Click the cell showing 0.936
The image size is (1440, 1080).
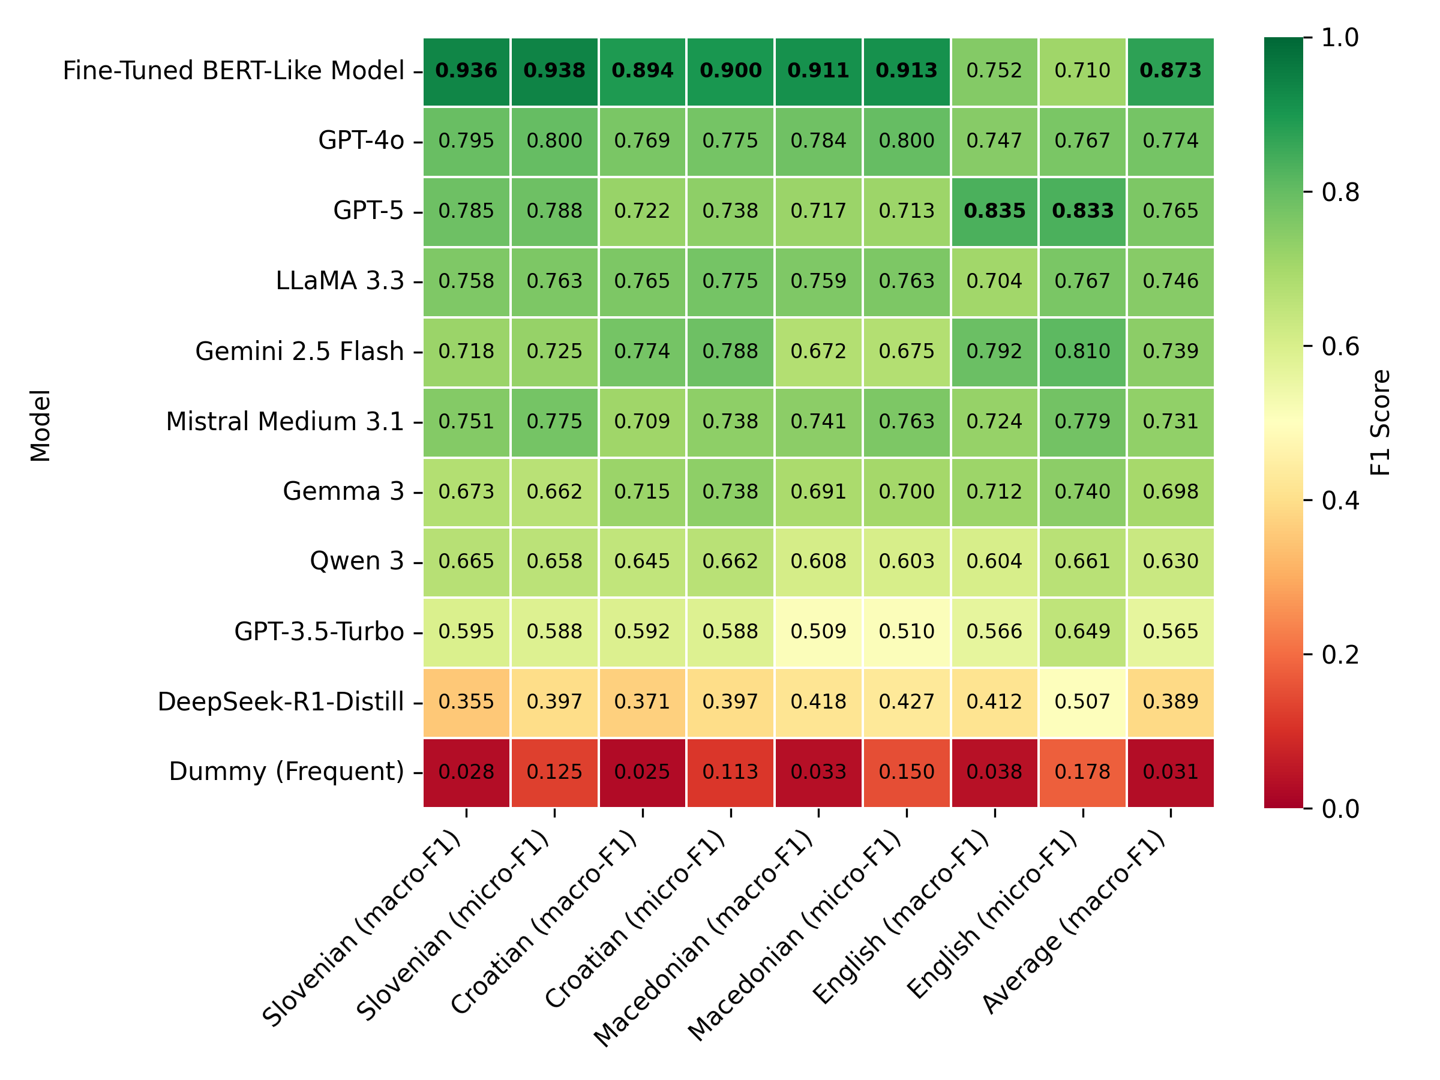click(x=466, y=71)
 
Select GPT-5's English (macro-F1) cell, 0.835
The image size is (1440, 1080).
click(x=994, y=211)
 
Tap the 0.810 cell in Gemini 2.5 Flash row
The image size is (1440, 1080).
click(x=1082, y=352)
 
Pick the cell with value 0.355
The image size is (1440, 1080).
click(x=466, y=702)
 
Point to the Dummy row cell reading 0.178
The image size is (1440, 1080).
click(x=1082, y=772)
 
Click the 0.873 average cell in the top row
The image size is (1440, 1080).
click(x=1170, y=71)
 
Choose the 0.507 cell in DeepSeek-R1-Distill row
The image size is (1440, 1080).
click(x=1082, y=702)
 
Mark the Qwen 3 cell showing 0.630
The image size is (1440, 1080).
click(x=1170, y=561)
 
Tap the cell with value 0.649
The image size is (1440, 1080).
click(x=1082, y=631)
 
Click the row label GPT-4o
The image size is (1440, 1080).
click(x=361, y=140)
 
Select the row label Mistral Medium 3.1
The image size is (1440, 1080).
click(x=284, y=422)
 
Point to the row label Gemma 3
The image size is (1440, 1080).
click(x=343, y=491)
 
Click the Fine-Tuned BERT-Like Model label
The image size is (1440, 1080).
click(x=233, y=71)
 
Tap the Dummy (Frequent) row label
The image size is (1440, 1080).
click(x=286, y=772)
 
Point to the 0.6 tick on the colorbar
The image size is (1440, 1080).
click(x=1340, y=347)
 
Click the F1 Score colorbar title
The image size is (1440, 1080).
click(x=1380, y=423)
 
